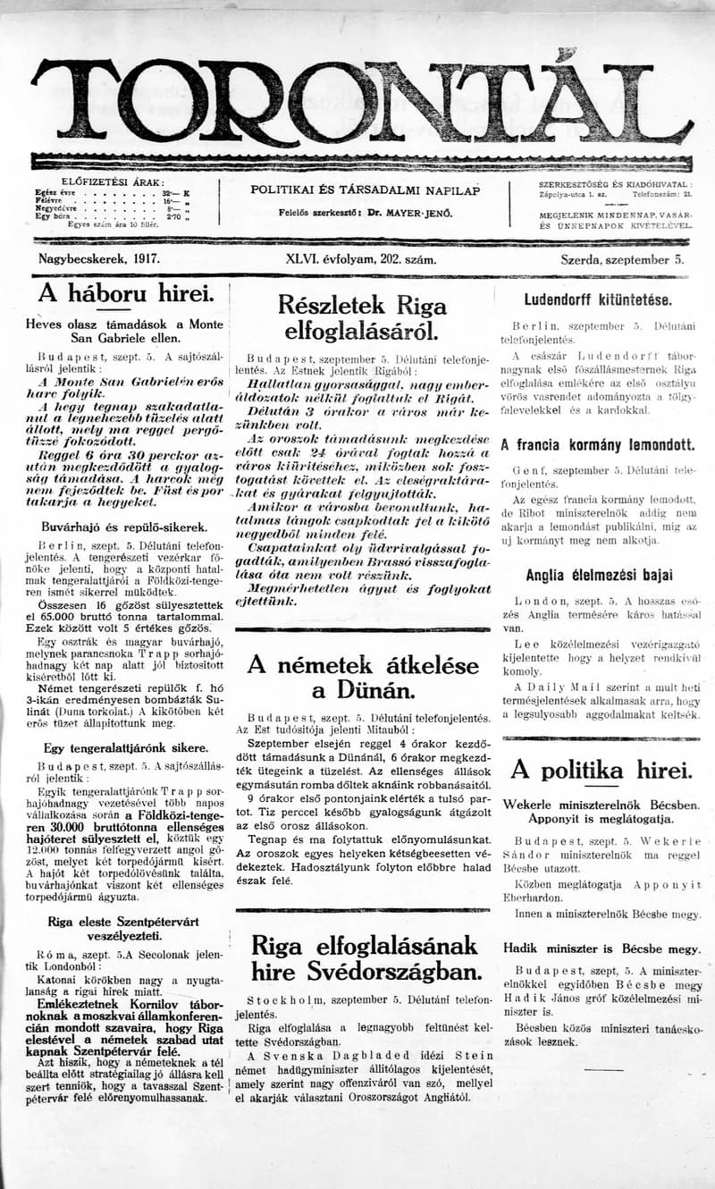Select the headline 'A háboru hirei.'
click(x=125, y=293)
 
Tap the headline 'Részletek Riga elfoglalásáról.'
click(x=362, y=318)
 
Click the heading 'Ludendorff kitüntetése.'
click(x=597, y=300)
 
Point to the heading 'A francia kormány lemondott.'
click(x=597, y=444)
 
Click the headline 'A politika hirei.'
click(x=601, y=769)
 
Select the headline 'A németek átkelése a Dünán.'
click(x=362, y=678)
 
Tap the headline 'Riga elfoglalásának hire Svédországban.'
click(x=362, y=957)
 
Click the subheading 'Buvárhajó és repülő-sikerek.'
click(x=124, y=527)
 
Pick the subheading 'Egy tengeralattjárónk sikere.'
click(x=125, y=748)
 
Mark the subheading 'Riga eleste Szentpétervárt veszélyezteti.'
click(x=124, y=928)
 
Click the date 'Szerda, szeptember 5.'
click(x=621, y=260)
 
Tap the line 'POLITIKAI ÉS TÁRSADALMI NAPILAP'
click(x=365, y=190)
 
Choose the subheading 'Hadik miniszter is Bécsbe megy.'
click(x=601, y=949)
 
